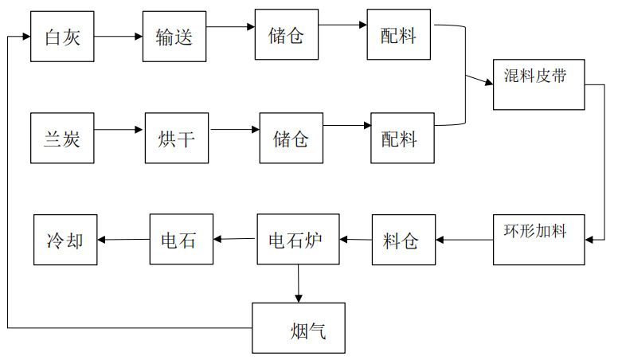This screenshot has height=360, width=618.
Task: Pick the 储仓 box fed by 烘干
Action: tap(291, 138)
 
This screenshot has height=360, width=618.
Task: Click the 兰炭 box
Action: tap(62, 138)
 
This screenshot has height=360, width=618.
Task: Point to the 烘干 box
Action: tap(176, 138)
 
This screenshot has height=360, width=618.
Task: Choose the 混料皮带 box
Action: tap(539, 84)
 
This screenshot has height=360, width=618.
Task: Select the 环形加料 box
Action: tap(539, 240)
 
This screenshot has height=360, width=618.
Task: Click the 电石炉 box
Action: tap(298, 240)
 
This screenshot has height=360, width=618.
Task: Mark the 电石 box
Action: tap(183, 240)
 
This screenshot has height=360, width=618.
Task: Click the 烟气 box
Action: tap(299, 328)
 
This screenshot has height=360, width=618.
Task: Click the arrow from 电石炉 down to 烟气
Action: tap(299, 284)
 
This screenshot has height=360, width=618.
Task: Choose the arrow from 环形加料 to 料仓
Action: tap(464, 240)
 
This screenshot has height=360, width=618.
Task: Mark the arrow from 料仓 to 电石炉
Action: tap(356, 239)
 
